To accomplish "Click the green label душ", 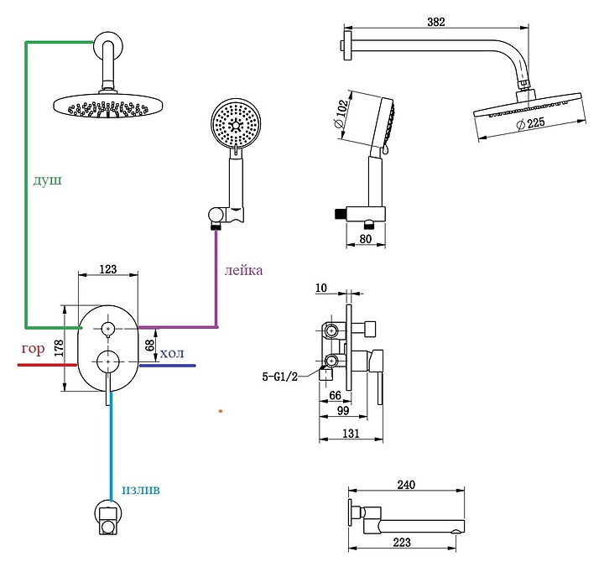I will click(x=48, y=180).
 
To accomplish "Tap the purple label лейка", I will click(x=243, y=270).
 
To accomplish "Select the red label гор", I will click(x=33, y=349).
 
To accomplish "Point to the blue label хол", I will click(x=171, y=353).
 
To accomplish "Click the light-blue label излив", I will click(x=140, y=489).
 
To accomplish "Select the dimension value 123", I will click(x=107, y=269).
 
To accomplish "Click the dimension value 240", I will click(x=407, y=485).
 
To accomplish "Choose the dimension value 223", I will click(x=402, y=542).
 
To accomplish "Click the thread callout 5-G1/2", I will click(x=281, y=377).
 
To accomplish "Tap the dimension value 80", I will click(x=364, y=237).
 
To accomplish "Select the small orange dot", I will click(x=220, y=411).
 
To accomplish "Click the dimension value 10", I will click(x=322, y=289).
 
